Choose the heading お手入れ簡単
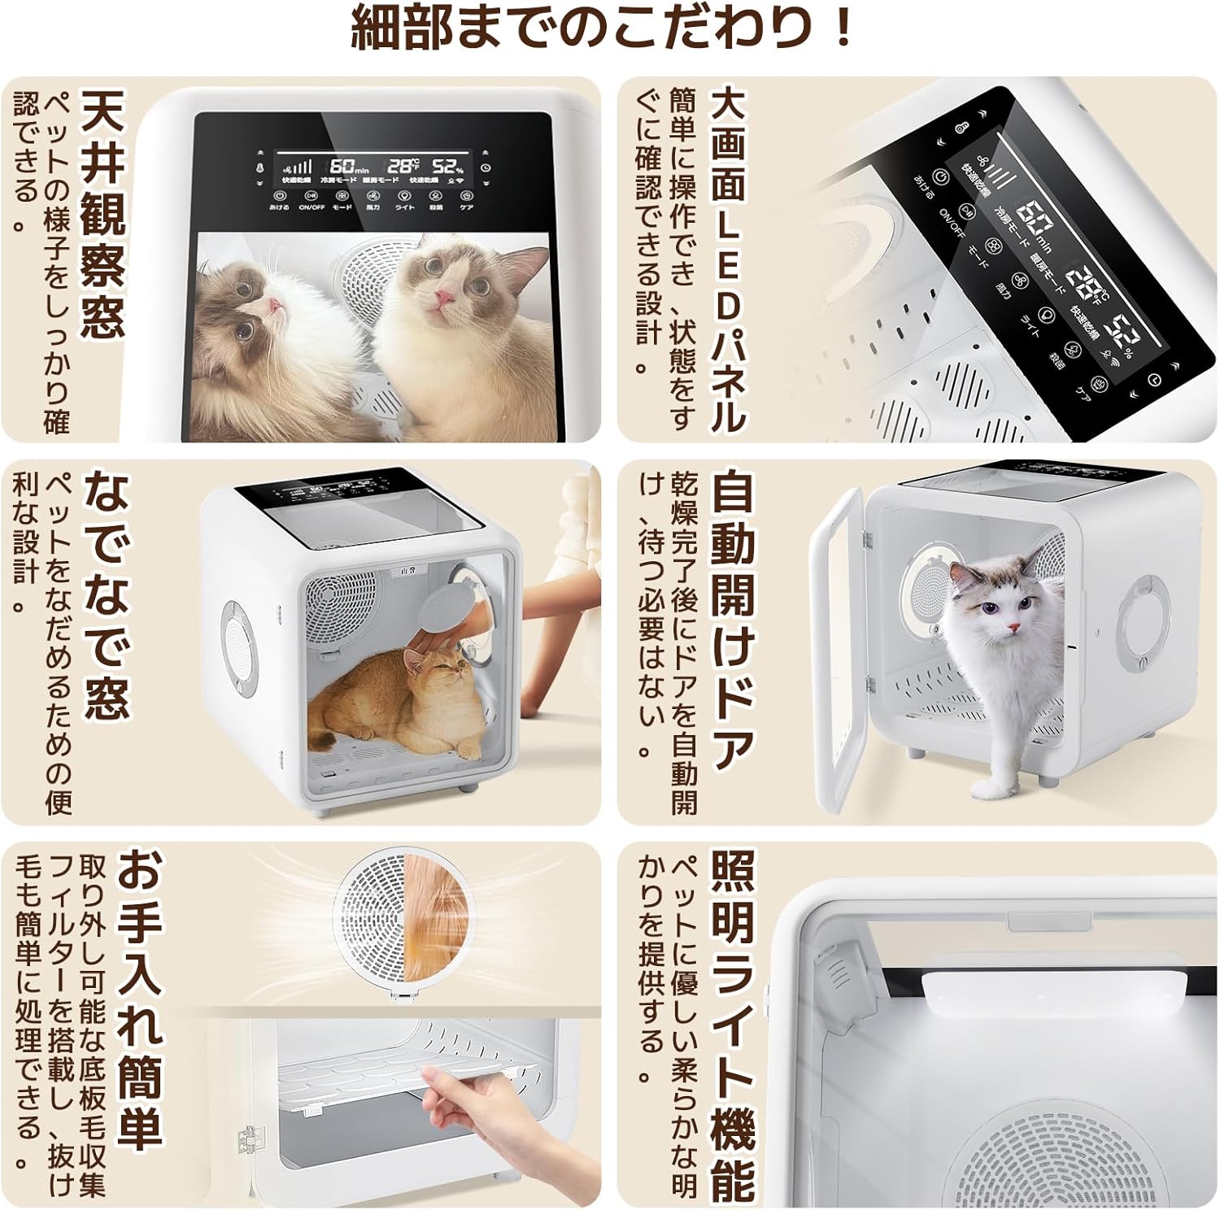click(142, 999)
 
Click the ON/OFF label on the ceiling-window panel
click(312, 207)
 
